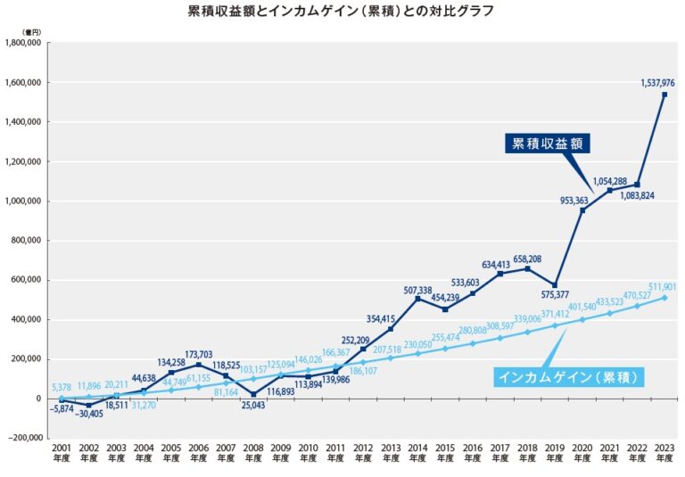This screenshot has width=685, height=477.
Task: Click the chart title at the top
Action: (342, 12)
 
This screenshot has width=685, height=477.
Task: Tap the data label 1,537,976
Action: (657, 83)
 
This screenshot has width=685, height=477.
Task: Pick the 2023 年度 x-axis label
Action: (664, 454)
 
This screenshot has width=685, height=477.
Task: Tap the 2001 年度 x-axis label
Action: (62, 454)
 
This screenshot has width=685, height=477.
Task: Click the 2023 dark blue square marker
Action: (664, 95)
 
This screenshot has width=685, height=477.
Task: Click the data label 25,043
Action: (253, 407)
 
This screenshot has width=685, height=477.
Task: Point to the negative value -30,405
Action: (87, 414)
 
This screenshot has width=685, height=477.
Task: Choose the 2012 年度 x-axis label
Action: (363, 454)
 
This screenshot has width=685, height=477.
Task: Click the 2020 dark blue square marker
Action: (582, 210)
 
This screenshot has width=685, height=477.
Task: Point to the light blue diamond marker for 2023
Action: (664, 297)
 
